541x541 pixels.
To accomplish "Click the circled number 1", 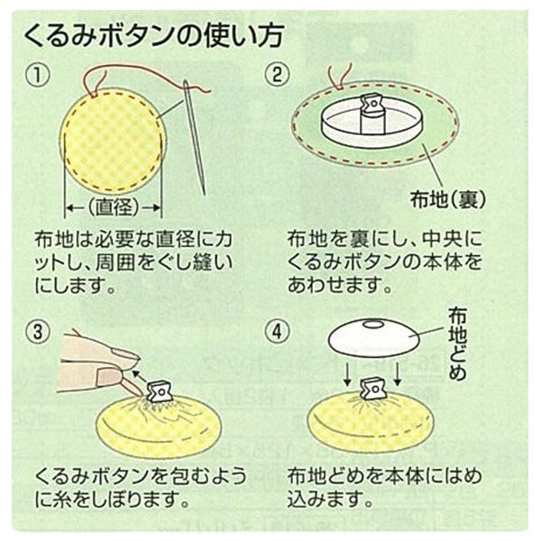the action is pos(38,75).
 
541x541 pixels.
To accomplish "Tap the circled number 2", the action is pos(277,75).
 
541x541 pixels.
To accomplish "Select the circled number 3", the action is pos(38,332).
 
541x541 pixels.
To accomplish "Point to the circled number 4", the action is pos(277,332).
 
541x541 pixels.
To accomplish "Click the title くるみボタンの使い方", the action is pos(153,35).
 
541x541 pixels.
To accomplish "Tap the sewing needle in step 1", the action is pos(195,137).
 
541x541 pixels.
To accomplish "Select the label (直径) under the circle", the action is pos(114,207).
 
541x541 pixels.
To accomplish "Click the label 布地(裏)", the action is pos(447,199).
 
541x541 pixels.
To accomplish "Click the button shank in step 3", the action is pos(159,390).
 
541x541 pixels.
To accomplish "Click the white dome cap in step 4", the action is pos(374,336).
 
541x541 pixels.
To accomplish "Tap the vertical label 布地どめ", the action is pos(457,344).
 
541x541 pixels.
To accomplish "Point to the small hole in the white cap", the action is pos(374,325).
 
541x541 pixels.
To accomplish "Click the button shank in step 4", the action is pos(371,389).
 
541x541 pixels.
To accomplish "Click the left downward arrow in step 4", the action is pos(348,373).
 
